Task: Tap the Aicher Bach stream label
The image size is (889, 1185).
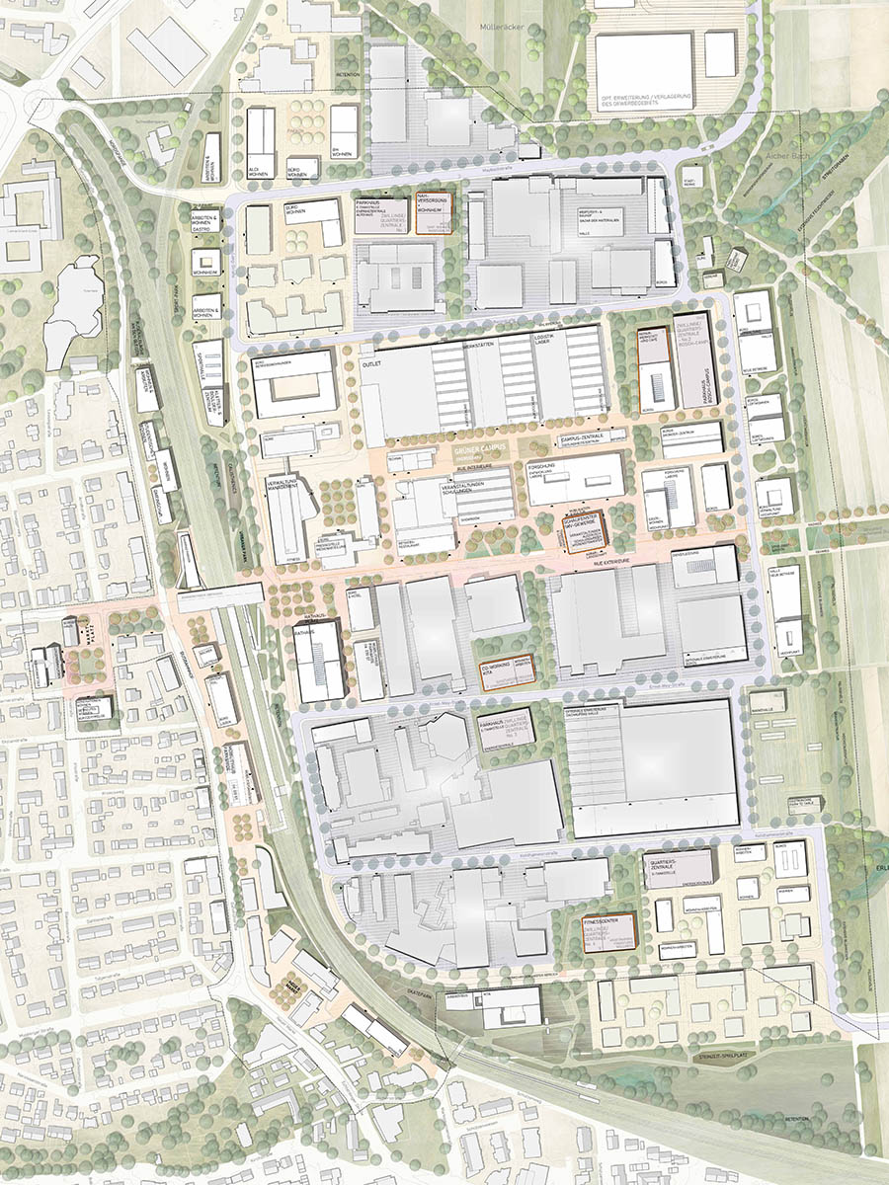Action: [x=753, y=158]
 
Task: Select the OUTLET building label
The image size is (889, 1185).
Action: [x=372, y=361]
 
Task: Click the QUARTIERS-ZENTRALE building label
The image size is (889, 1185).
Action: [x=675, y=865]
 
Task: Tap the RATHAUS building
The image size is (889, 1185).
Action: [x=319, y=653]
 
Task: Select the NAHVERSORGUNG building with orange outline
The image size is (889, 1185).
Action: [x=434, y=211]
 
